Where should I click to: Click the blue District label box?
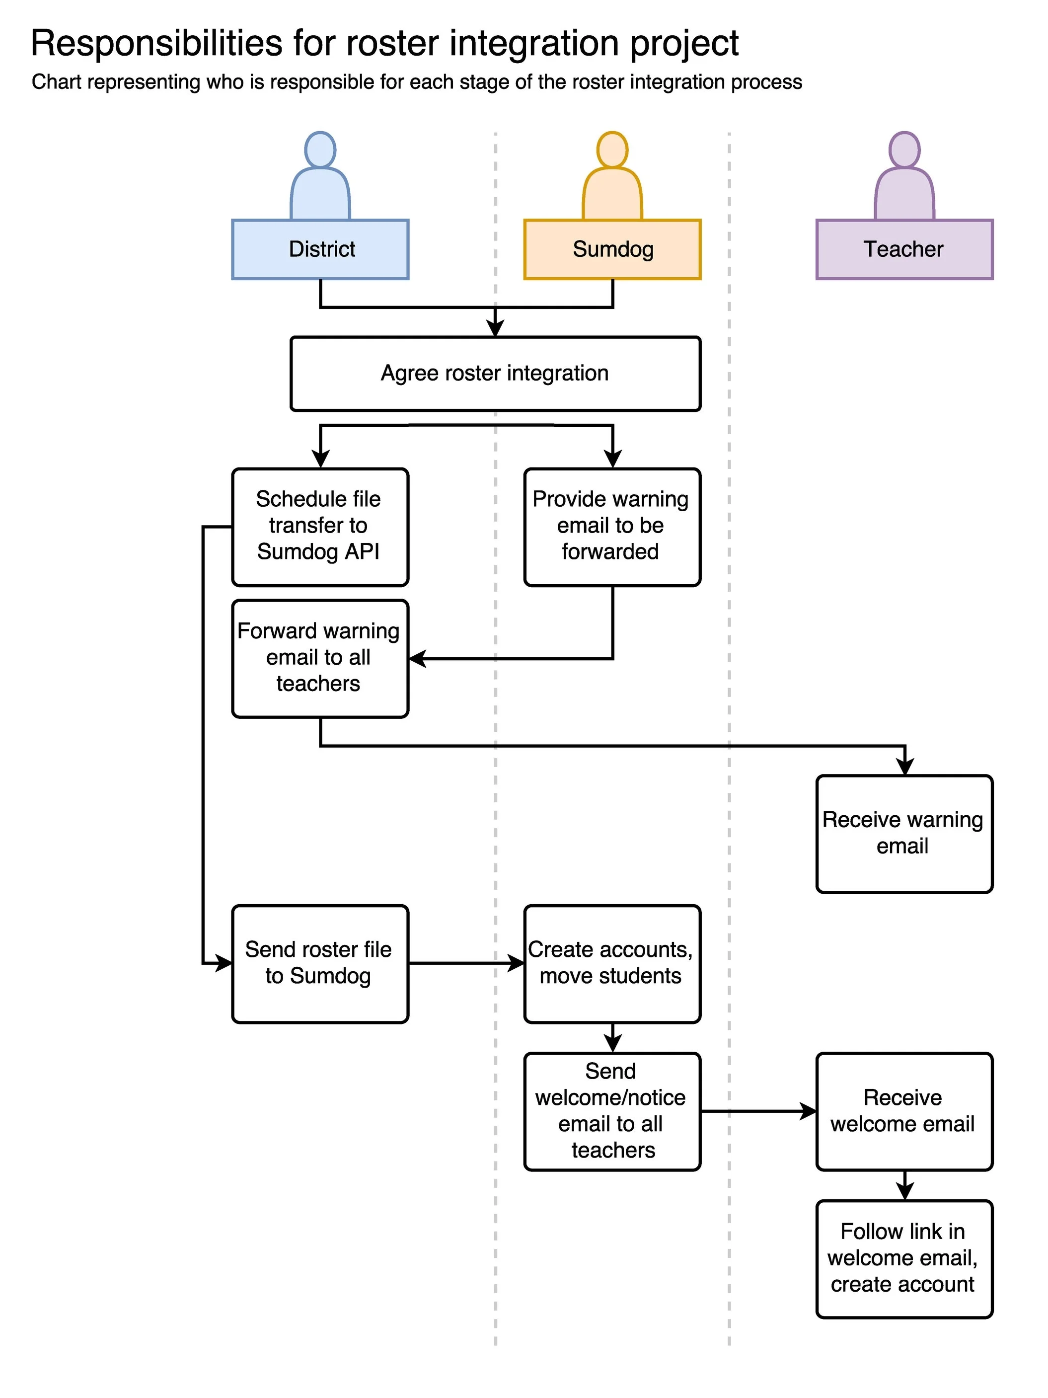tap(320, 249)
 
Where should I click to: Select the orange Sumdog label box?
tap(612, 249)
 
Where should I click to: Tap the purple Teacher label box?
tap(904, 249)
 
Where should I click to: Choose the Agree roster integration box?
tap(495, 374)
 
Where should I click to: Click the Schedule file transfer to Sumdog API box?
tap(320, 527)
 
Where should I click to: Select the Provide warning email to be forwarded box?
tap(612, 527)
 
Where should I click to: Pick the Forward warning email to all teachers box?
tap(320, 659)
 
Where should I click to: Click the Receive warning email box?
tap(904, 834)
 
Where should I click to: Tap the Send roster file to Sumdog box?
tap(320, 963)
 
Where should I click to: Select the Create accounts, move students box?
tap(612, 963)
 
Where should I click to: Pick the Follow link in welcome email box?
tap(904, 1259)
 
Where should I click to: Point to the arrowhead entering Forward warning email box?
tap(418, 659)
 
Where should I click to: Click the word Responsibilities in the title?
tap(156, 44)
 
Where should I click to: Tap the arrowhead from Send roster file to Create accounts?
tap(516, 963)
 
